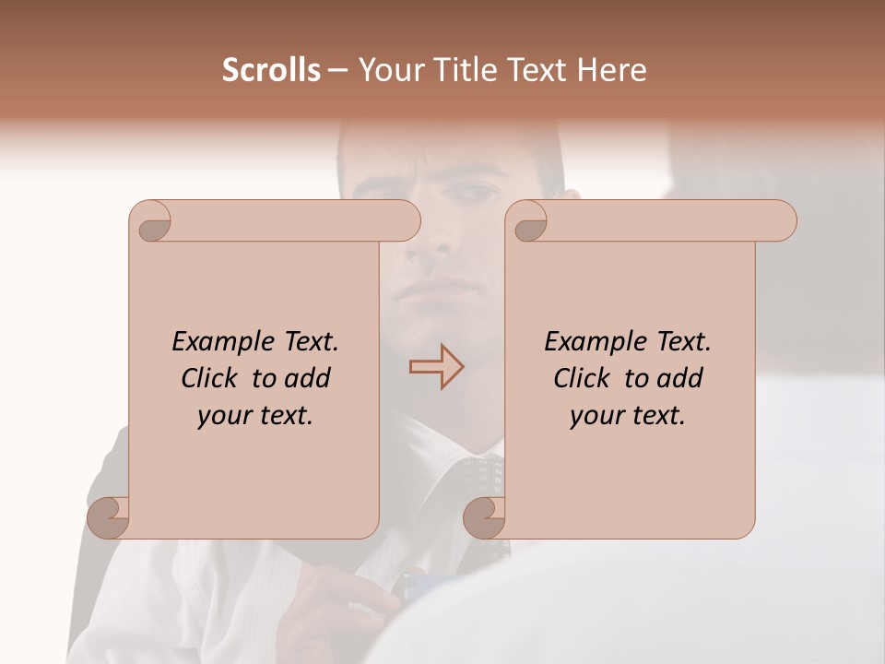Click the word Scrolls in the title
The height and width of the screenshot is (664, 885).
(271, 70)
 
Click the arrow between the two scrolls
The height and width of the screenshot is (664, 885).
(436, 366)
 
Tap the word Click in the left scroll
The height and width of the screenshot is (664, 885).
(213, 378)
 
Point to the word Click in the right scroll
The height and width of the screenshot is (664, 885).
(585, 378)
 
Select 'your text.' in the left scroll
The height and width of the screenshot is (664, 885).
(254, 415)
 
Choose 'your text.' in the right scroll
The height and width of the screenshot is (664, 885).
(627, 415)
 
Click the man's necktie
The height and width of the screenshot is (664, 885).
(479, 489)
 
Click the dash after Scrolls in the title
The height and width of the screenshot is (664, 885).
(337, 71)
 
